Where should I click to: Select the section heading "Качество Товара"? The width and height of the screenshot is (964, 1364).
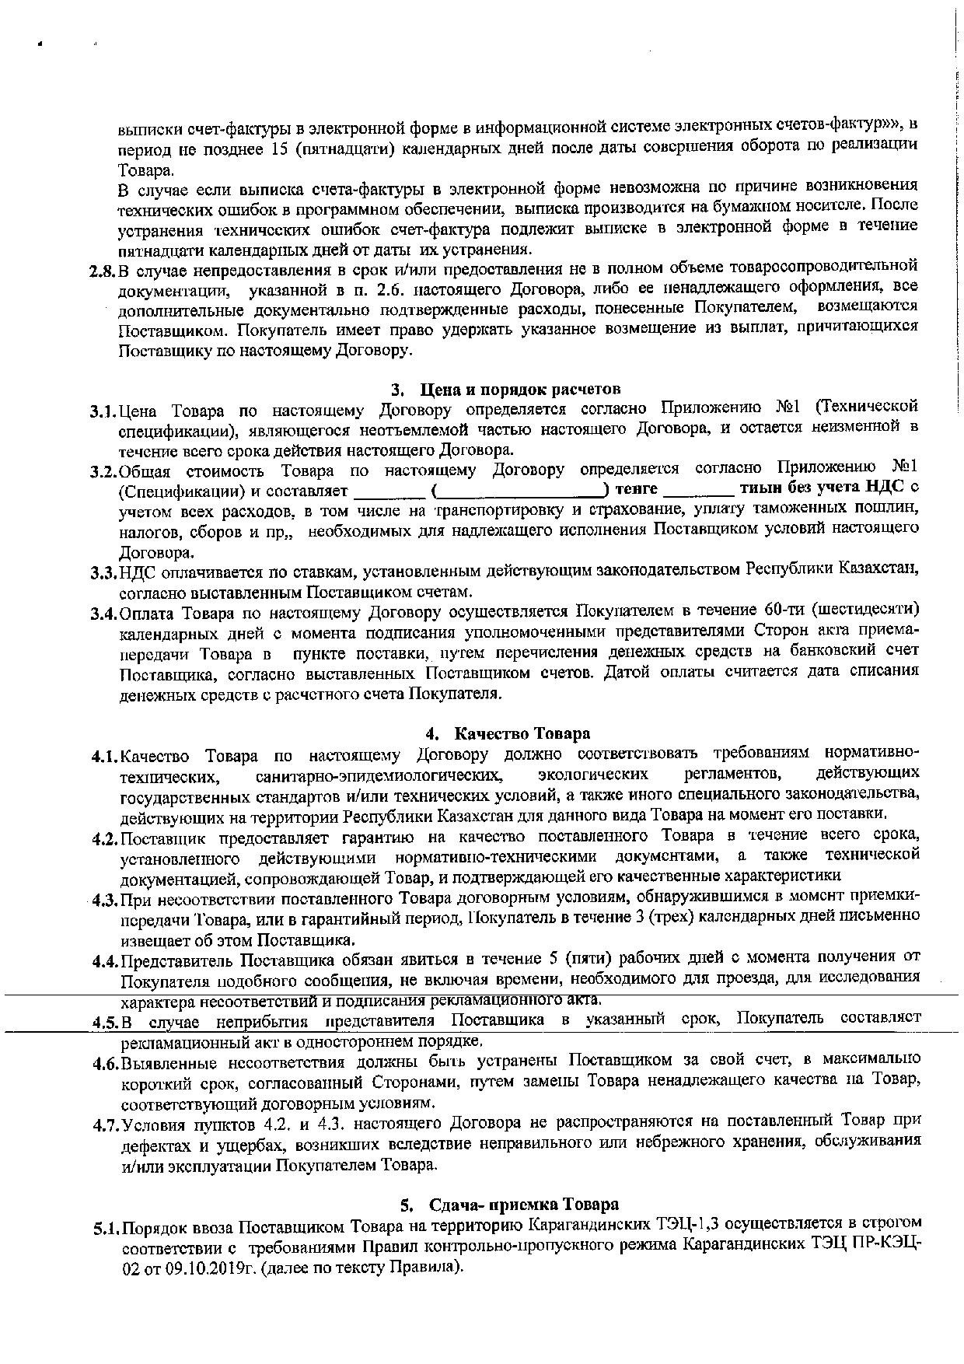pos(522,733)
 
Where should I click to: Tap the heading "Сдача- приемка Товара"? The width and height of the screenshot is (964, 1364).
pos(523,1205)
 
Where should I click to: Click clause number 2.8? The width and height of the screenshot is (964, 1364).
pos(103,271)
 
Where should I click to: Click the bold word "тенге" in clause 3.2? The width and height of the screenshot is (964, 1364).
pos(636,489)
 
